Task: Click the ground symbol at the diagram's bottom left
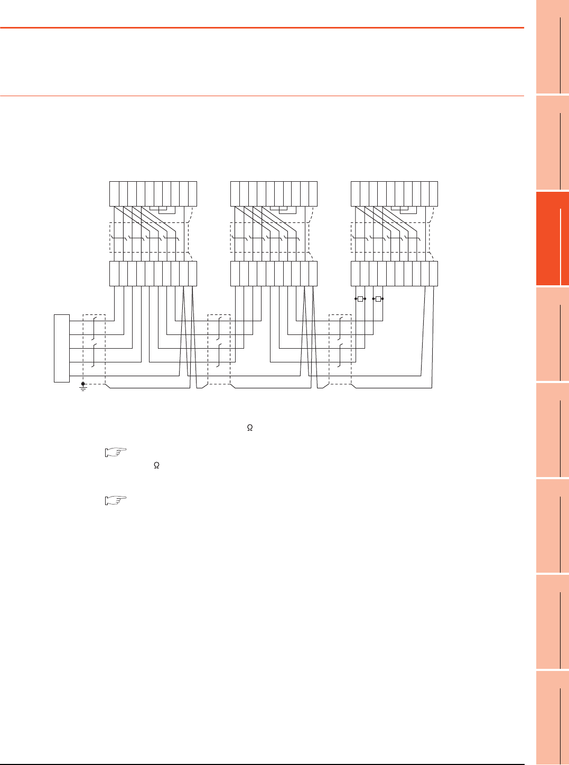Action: pyautogui.click(x=83, y=389)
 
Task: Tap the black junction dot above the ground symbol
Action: pyautogui.click(x=83, y=384)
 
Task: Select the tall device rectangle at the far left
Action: pyautogui.click(x=62, y=348)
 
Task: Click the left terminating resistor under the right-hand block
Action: pyautogui.click(x=360, y=299)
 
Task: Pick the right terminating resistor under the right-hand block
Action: pyautogui.click(x=378, y=299)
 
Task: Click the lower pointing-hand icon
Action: pyautogui.click(x=116, y=499)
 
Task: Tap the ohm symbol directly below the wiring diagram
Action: pyautogui.click(x=250, y=428)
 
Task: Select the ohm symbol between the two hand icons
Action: pyautogui.click(x=156, y=466)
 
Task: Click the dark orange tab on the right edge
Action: pyautogui.click(x=552, y=238)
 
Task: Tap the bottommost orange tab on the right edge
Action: pyautogui.click(x=552, y=717)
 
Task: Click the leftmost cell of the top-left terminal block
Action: pyautogui.click(x=114, y=193)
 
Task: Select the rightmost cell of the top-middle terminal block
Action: pyautogui.click(x=313, y=193)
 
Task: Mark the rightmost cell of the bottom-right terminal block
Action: pyautogui.click(x=434, y=273)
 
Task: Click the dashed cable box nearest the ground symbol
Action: pyautogui.click(x=95, y=349)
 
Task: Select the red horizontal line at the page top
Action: pyautogui.click(x=262, y=27)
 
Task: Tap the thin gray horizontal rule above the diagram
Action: pyautogui.click(x=262, y=96)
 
